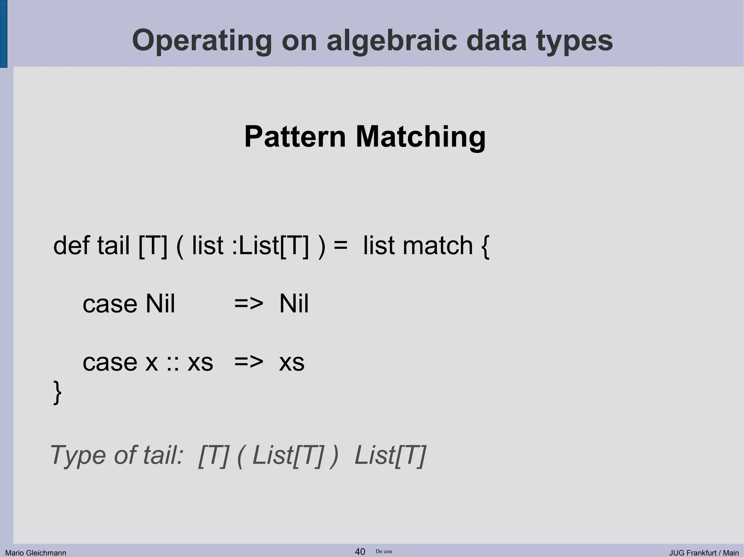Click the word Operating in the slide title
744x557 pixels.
coord(202,41)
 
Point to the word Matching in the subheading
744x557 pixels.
coord(421,137)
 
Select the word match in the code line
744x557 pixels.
coord(438,246)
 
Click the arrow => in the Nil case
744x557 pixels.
coord(248,304)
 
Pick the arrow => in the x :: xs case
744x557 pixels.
coord(248,362)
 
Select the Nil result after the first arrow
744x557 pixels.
coord(294,304)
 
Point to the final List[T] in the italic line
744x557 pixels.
coord(390,455)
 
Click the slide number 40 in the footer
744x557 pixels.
coord(360,552)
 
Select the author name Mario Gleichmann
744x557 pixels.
coord(36,553)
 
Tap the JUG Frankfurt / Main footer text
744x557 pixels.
coord(704,553)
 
